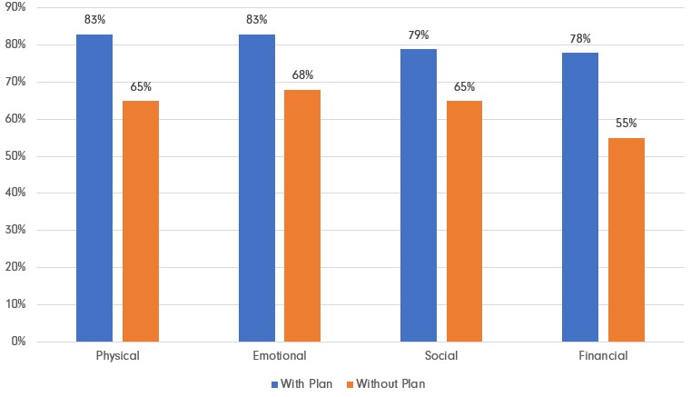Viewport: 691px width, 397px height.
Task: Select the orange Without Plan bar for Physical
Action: (141, 222)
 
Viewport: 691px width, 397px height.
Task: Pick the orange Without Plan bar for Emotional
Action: (302, 216)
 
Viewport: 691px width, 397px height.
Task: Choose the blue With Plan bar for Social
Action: (419, 195)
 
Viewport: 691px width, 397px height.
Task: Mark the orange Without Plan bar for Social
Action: (464, 222)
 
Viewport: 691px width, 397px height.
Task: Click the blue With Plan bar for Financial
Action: (580, 197)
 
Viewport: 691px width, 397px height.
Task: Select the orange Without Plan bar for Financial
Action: (627, 240)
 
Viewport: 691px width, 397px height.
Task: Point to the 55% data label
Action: (627, 124)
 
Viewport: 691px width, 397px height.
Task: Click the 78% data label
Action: (580, 38)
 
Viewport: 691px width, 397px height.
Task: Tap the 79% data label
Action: (419, 35)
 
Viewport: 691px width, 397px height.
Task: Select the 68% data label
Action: (302, 75)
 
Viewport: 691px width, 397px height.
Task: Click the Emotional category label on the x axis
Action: (280, 356)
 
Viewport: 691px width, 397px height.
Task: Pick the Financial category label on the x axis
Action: (603, 356)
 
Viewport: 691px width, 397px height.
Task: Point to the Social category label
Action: (441, 356)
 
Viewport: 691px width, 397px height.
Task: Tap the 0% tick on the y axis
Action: (18, 342)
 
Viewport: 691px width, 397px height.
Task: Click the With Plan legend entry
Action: (305, 383)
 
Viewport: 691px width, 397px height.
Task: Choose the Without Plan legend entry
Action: (385, 383)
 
